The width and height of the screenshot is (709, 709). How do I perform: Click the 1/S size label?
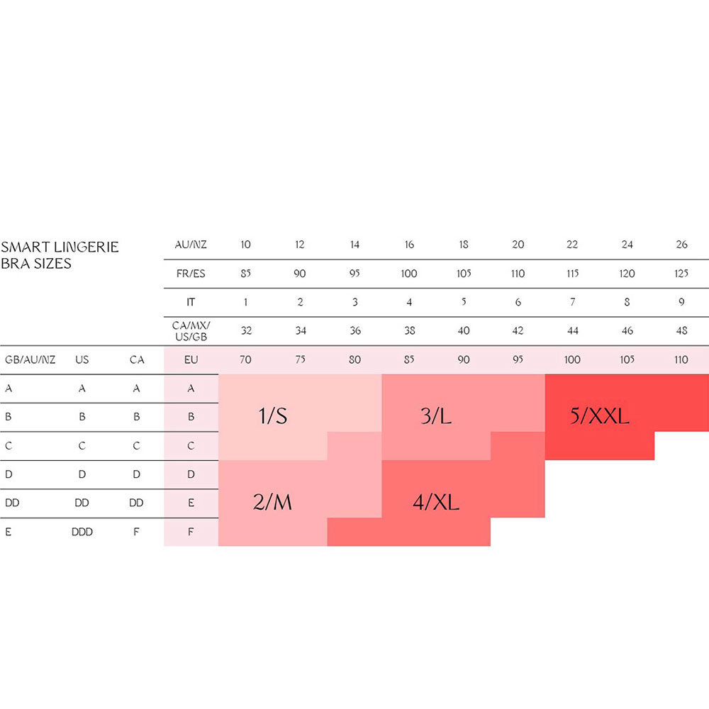click(272, 415)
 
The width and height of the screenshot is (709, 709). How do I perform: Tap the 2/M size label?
click(272, 502)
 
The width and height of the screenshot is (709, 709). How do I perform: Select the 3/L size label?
click(435, 415)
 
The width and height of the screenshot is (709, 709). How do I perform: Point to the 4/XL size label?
click(435, 502)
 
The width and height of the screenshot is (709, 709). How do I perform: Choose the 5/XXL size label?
click(599, 415)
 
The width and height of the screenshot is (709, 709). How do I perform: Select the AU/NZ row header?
click(191, 245)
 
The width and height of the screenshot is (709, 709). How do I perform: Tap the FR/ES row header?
click(191, 274)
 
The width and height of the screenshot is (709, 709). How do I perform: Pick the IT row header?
click(191, 302)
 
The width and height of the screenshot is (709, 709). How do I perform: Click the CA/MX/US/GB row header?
click(191, 330)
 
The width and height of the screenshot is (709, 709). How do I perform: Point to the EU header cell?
click(191, 359)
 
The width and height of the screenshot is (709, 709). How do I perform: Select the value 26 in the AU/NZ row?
click(681, 245)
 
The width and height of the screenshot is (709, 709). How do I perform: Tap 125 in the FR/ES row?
click(681, 274)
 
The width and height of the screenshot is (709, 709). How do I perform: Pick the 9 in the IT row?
click(681, 302)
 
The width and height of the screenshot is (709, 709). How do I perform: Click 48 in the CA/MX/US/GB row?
click(681, 330)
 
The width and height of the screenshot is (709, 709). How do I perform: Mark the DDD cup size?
click(82, 532)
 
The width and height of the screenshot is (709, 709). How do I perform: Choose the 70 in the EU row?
click(245, 359)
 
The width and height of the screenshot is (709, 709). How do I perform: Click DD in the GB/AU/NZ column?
click(11, 503)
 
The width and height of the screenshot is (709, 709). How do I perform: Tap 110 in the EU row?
click(681, 359)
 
